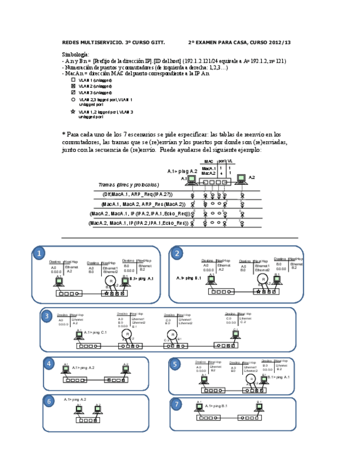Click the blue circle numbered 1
(38, 253)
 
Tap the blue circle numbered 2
(176, 253)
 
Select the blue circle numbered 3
(47, 316)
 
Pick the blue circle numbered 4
(49, 364)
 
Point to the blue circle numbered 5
(175, 364)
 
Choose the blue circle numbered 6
(49, 401)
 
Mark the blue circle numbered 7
(176, 405)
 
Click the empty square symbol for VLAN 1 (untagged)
(73, 80)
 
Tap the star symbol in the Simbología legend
(73, 112)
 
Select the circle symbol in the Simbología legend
(73, 100)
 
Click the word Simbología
(75, 55)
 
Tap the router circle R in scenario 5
(251, 379)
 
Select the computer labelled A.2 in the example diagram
(240, 179)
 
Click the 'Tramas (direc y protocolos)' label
(128, 185)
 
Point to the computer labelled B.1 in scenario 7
(259, 407)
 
